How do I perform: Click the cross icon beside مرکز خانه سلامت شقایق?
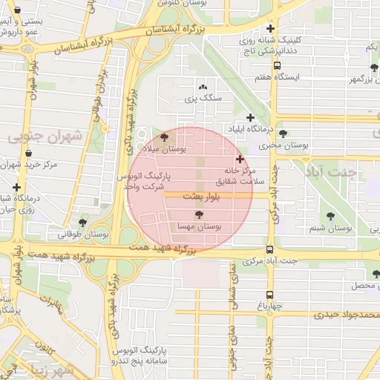click(x=239, y=159)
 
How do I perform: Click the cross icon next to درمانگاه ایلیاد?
click(x=251, y=117)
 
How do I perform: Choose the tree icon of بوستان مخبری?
click(x=283, y=134)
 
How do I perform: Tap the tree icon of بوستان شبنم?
click(x=330, y=216)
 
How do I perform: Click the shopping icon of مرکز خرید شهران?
click(x=28, y=153)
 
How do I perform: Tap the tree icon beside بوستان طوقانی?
click(x=82, y=222)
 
